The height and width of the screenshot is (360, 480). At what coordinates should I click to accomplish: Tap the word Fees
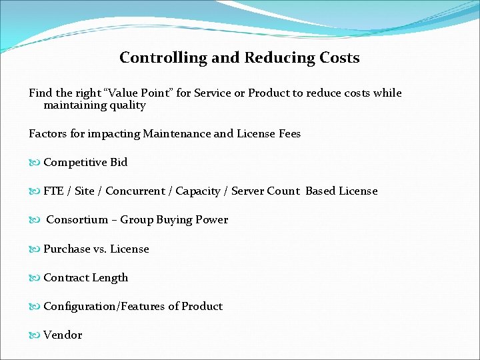(289, 134)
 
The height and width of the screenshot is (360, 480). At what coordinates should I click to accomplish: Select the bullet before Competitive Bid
(35, 163)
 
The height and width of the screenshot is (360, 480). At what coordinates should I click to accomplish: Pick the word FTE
(53, 191)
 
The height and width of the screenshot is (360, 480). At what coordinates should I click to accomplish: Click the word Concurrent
(137, 191)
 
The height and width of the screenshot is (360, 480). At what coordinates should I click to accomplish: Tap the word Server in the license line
(247, 191)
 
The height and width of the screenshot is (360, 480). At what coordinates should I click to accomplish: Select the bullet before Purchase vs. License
(35, 249)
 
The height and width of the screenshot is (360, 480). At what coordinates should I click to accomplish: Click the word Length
(110, 278)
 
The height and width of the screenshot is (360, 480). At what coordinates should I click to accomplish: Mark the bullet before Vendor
(35, 335)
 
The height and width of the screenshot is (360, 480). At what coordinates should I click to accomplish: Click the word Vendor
(63, 335)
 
